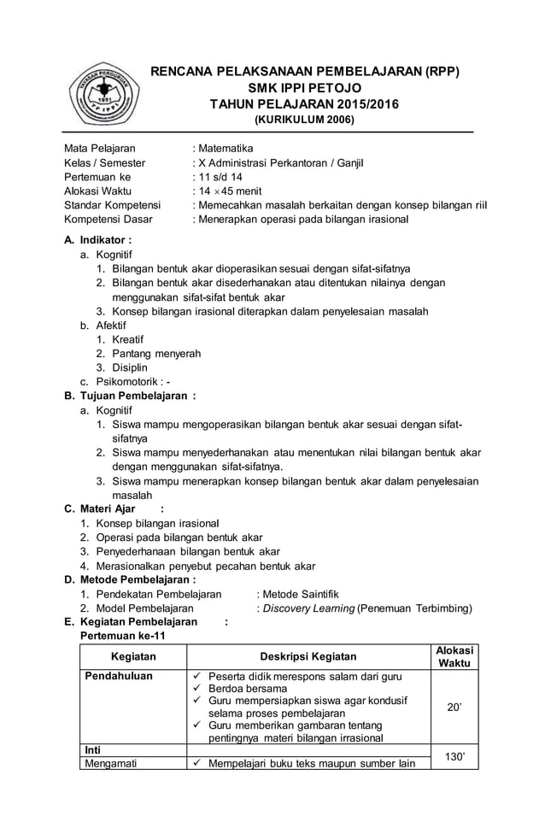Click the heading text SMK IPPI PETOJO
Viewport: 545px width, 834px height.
304,88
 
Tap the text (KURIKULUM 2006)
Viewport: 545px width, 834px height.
304,120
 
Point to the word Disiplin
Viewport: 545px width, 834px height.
131,367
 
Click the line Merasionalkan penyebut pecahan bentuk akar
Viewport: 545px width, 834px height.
205,566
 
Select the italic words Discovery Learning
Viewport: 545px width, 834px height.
308,608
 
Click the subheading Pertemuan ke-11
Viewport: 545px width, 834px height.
122,637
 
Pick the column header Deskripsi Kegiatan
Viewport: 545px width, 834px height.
308,656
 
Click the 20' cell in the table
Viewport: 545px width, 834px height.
454,708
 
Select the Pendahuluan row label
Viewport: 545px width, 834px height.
118,676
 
